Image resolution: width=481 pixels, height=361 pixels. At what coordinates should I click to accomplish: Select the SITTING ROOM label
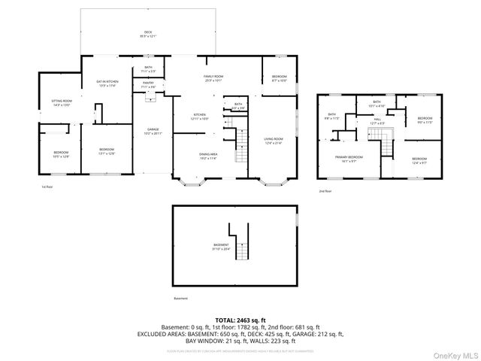[x=61, y=102]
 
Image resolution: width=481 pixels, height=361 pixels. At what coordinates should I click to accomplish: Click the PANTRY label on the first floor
[x=148, y=86]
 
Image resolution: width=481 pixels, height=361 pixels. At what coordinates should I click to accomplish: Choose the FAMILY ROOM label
[x=214, y=78]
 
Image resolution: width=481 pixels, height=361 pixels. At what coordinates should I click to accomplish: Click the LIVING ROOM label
[x=272, y=140]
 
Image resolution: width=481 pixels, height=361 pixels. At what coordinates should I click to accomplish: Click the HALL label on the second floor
[x=378, y=120]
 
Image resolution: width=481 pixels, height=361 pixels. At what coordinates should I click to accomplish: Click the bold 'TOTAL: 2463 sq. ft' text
[x=240, y=320]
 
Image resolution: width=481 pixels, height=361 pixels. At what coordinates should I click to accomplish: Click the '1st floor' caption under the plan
[x=47, y=187]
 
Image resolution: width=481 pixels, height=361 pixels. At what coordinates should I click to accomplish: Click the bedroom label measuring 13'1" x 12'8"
[x=107, y=151]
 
